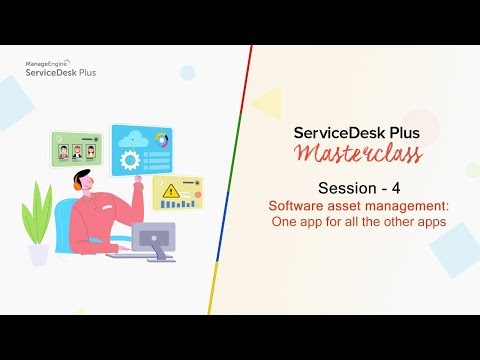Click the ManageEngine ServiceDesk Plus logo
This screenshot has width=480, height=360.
point(62,68)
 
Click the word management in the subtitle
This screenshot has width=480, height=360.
point(401,205)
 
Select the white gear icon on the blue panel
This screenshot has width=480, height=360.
point(129,160)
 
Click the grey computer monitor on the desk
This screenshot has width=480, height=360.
point(153,238)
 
